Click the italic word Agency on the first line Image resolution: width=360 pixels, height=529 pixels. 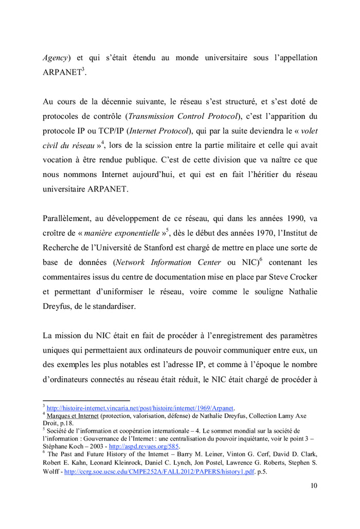click(x=55, y=58)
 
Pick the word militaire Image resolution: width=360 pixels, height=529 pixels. click(x=269, y=145)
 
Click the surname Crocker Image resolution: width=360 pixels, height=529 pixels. click(x=302, y=277)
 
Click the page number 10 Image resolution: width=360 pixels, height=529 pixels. click(x=314, y=485)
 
